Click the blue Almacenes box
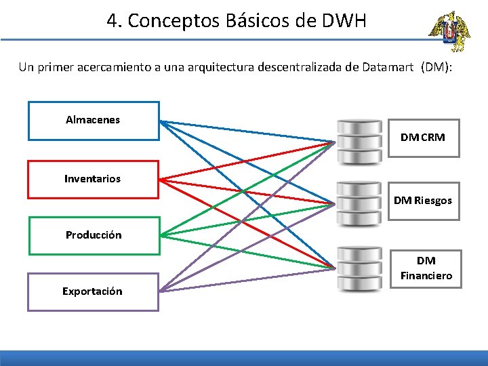coord(93,121)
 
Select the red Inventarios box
coord(93,179)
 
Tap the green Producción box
coord(94,235)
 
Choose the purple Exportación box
coord(93,291)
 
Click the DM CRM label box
coord(423,138)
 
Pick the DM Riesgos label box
coord(423,201)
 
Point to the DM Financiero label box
coord(426,268)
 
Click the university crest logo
coord(447,32)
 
